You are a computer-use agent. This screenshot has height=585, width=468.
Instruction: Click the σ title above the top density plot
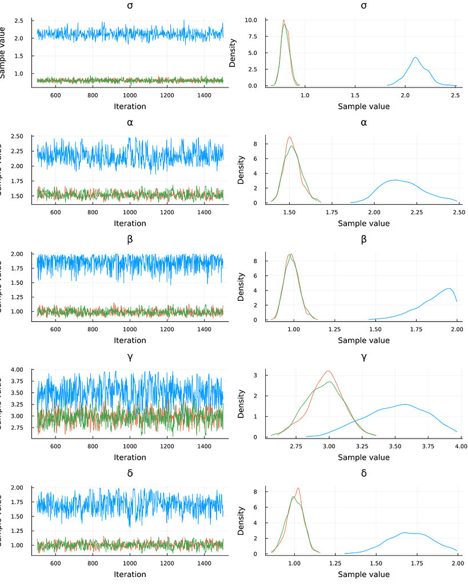(x=363, y=6)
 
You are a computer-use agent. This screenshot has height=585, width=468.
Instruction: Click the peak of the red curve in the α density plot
(x=290, y=137)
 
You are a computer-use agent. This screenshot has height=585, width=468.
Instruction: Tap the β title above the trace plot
(x=130, y=239)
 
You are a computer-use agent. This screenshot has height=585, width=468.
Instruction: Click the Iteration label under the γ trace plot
(x=130, y=457)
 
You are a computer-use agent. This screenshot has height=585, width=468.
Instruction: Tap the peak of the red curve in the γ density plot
(x=328, y=371)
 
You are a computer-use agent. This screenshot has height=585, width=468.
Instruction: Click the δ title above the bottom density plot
(x=363, y=473)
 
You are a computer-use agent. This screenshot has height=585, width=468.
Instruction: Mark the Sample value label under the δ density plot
(x=363, y=574)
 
